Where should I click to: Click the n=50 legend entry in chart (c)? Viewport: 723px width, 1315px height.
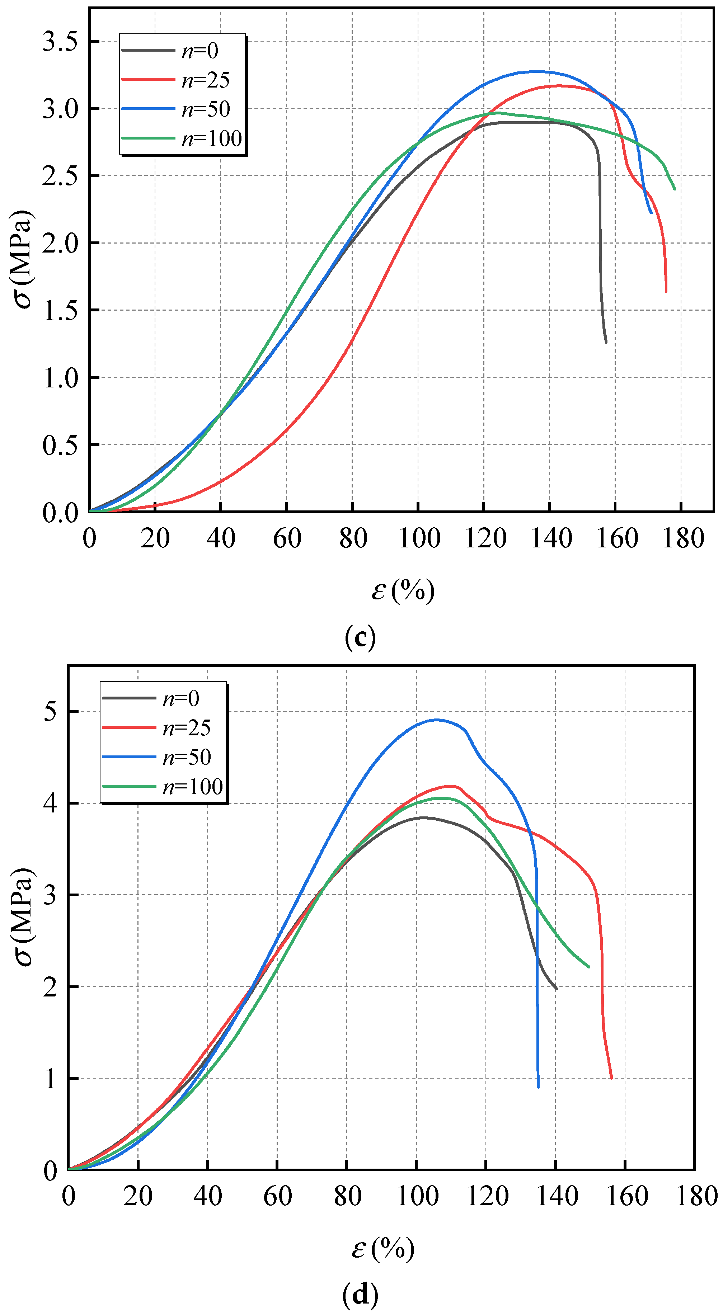(x=205, y=109)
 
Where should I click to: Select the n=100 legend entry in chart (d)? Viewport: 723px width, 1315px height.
(x=192, y=787)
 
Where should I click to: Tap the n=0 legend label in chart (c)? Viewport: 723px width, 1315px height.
(x=199, y=51)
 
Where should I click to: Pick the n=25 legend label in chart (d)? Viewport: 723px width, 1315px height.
(x=186, y=728)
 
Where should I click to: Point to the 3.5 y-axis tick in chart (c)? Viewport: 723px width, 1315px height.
(x=60, y=41)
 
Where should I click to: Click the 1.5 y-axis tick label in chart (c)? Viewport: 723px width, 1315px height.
(x=60, y=310)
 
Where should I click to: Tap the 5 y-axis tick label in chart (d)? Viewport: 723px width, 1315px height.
(x=50, y=711)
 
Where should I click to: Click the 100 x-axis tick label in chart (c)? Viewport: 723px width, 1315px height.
(x=419, y=538)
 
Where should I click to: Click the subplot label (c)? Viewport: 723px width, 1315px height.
(x=361, y=637)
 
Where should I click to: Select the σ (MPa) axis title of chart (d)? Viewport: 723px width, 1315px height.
(x=23, y=916)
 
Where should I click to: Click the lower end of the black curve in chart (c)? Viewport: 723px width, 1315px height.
(x=606, y=342)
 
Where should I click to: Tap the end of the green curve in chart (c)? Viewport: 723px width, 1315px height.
(x=675, y=189)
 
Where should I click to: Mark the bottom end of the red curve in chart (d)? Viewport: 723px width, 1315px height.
(x=611, y=1078)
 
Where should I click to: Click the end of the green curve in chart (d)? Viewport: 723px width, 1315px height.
(x=589, y=967)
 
